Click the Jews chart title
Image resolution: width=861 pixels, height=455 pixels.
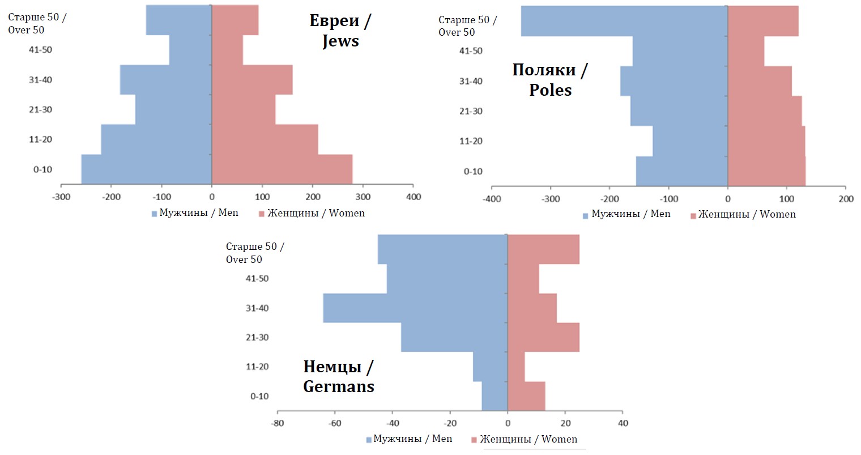pyautogui.click(x=340, y=31)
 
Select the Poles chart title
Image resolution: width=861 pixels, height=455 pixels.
pyautogui.click(x=550, y=80)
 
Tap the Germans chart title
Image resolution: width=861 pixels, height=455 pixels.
pyautogui.click(x=339, y=376)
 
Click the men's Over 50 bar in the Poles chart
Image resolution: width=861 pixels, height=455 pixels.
pyautogui.click(x=624, y=21)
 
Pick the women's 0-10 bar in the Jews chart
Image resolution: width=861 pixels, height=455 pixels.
pyautogui.click(x=282, y=169)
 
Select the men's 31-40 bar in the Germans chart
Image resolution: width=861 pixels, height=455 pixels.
pyautogui.click(x=415, y=308)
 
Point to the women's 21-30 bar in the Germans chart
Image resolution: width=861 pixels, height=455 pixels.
pyautogui.click(x=543, y=337)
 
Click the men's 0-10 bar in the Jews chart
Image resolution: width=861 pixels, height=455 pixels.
pyautogui.click(x=147, y=169)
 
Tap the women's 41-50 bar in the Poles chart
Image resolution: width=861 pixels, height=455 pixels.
pyautogui.click(x=746, y=51)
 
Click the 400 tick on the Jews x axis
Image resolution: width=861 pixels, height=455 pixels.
pyautogui.click(x=414, y=197)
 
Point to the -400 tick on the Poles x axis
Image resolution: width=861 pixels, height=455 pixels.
pyautogui.click(x=492, y=199)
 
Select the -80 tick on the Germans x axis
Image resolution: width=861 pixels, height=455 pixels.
pyautogui.click(x=277, y=423)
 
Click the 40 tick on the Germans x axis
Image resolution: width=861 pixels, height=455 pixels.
pyautogui.click(x=623, y=423)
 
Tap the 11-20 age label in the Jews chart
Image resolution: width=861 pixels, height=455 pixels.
pyautogui.click(x=40, y=139)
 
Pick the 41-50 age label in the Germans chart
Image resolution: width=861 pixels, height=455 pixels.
pyautogui.click(x=257, y=279)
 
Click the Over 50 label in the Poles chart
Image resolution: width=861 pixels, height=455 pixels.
pyautogui.click(x=467, y=26)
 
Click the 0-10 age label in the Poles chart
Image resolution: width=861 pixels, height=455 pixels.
pyautogui.click(x=473, y=172)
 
